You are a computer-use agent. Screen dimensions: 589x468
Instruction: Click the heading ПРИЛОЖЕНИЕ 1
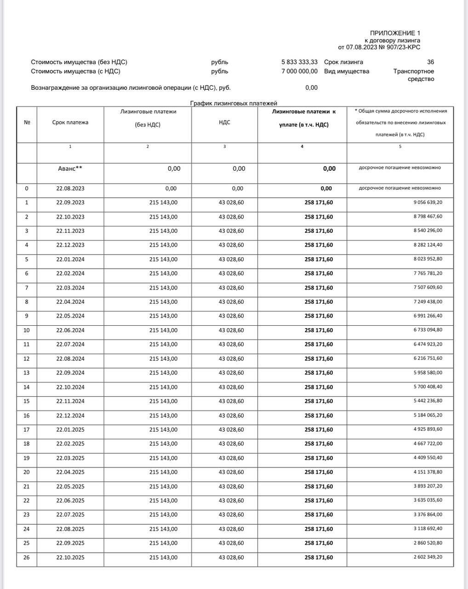coord(395,33)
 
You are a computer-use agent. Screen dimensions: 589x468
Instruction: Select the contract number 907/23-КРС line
coord(379,47)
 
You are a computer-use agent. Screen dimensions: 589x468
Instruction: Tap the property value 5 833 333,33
coord(299,62)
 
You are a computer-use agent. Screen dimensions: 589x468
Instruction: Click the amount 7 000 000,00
coord(299,71)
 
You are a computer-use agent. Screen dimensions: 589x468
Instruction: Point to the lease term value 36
coord(430,62)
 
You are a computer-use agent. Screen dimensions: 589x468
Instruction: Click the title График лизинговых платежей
coord(234,103)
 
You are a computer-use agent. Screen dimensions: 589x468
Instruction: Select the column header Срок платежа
coord(70,122)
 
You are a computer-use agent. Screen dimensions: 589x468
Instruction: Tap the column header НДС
coord(224,122)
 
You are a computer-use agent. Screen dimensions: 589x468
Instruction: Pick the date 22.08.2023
coord(70,188)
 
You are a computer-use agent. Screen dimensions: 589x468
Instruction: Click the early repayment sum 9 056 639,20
coord(428,202)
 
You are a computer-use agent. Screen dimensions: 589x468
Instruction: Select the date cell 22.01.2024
coord(70,259)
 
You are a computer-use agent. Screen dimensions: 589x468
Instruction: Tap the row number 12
coord(27,358)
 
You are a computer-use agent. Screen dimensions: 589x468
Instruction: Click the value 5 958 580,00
coord(428,372)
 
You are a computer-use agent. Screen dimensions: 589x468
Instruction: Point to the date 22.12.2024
coord(70,416)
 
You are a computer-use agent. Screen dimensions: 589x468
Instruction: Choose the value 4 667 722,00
coord(428,444)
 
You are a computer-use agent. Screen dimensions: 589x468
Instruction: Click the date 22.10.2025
coord(70,557)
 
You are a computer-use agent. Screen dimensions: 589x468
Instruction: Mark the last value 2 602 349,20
coord(428,557)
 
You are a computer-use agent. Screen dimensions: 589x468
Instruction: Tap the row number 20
coord(27,472)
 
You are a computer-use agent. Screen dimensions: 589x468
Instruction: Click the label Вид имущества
coord(346,71)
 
